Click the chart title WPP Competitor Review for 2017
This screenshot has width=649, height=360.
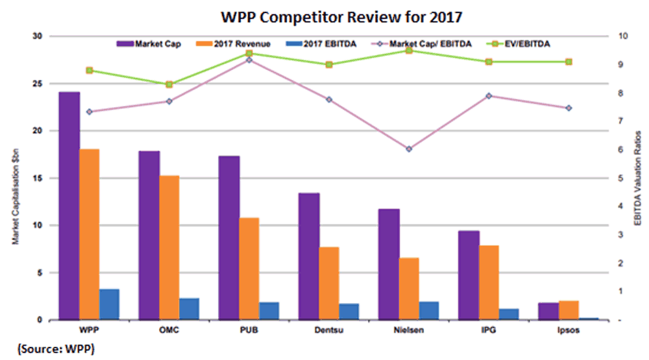tap(324, 15)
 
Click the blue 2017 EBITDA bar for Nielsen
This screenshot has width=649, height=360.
tap(428, 311)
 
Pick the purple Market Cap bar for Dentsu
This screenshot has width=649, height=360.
tap(309, 256)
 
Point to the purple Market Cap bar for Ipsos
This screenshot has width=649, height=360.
tap(548, 311)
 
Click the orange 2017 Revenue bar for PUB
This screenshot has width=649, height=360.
tap(249, 269)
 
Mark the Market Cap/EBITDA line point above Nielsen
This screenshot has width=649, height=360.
tap(409, 149)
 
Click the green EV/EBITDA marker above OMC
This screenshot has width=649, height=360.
tap(169, 84)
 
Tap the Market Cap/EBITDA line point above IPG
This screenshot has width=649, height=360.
tap(489, 96)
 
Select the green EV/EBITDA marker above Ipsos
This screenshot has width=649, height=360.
tap(569, 62)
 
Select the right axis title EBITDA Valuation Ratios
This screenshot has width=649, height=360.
tap(637, 178)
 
